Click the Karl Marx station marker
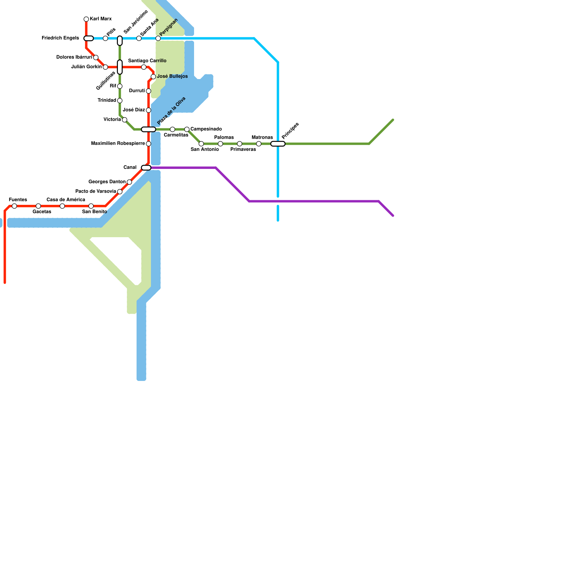(x=86, y=19)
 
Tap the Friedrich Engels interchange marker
(x=88, y=38)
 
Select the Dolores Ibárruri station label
(x=74, y=57)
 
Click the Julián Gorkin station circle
(x=105, y=67)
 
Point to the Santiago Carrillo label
(x=147, y=61)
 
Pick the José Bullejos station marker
(x=153, y=77)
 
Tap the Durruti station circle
(x=148, y=91)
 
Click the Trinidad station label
(x=107, y=100)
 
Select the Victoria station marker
(x=124, y=120)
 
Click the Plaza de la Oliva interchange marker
(x=148, y=129)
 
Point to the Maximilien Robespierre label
(x=118, y=143)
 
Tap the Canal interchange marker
(x=146, y=167)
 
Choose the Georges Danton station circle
(x=129, y=182)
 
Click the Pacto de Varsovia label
(x=96, y=191)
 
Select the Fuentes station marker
(x=14, y=206)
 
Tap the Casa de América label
(x=66, y=199)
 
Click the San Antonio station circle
(x=201, y=144)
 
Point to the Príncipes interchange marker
(x=278, y=144)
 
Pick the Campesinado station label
(x=206, y=129)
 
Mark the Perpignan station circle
(x=158, y=38)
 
